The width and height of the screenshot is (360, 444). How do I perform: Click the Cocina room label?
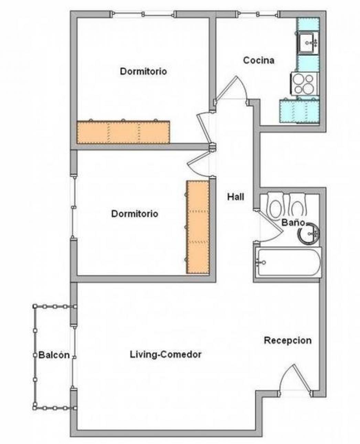[x=259, y=61]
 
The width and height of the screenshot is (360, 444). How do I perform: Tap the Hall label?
[x=236, y=197]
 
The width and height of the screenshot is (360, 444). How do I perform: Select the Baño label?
[x=293, y=222]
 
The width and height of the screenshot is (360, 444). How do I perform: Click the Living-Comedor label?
[x=165, y=355]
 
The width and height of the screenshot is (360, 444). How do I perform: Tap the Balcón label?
[x=54, y=355]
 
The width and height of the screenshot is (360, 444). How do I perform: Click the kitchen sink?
[x=308, y=43]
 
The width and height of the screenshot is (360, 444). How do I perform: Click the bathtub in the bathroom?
[x=288, y=262]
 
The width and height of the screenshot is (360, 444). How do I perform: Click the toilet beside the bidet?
[x=276, y=205]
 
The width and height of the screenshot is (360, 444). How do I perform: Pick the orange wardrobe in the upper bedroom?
[x=123, y=131]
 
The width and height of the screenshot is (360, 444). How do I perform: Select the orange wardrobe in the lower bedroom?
[x=198, y=227]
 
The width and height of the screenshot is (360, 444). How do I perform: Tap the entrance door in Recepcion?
[x=296, y=381]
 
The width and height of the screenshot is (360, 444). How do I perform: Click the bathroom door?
[x=269, y=225]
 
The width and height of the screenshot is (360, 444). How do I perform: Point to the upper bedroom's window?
[x=143, y=14]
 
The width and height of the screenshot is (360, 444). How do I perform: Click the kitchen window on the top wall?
[x=258, y=14]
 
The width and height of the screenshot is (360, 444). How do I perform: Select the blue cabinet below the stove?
[x=299, y=111]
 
